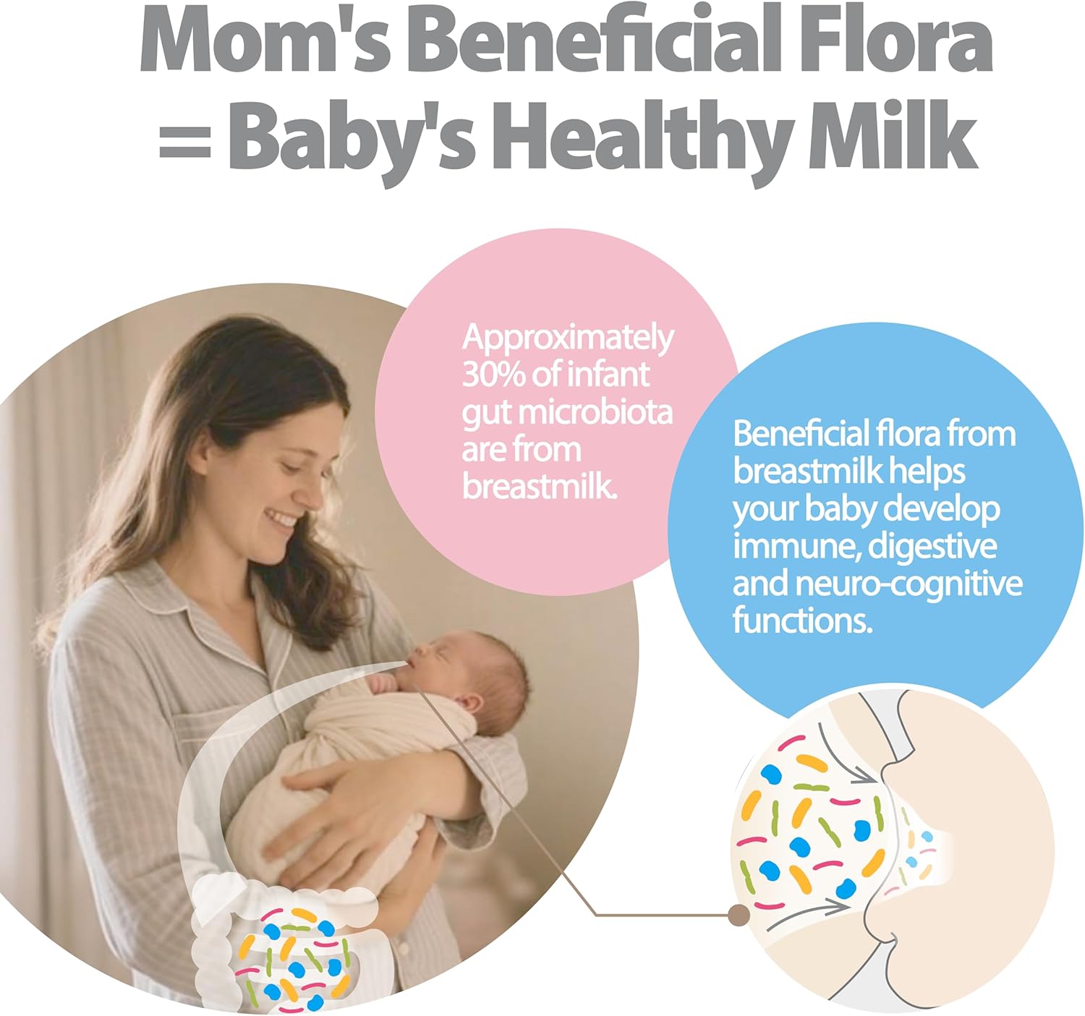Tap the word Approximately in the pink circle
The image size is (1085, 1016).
pyautogui.click(x=568, y=338)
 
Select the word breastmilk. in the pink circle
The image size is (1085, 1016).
pyautogui.click(x=540, y=487)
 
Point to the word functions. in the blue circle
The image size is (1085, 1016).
pyautogui.click(x=802, y=621)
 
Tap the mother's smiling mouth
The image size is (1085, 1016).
pyautogui.click(x=281, y=518)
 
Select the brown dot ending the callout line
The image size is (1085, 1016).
pyautogui.click(x=739, y=915)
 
